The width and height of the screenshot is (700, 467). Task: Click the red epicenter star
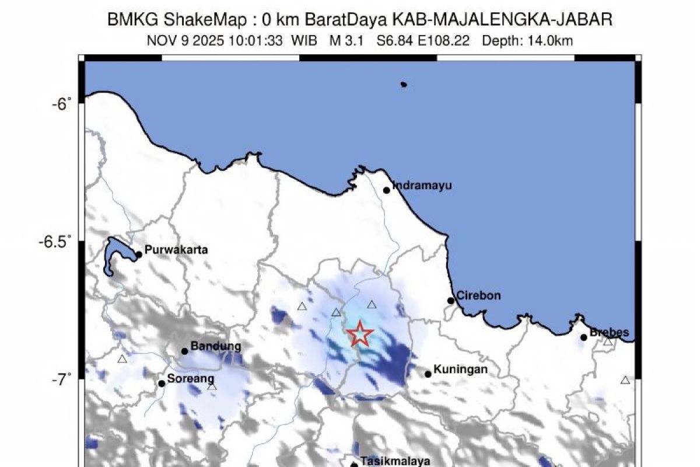tap(360, 334)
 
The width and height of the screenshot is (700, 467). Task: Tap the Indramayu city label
tap(422, 186)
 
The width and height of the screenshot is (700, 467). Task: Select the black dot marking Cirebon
tap(451, 301)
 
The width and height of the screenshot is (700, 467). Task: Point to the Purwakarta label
tap(176, 250)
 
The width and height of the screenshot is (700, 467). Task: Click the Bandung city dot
tap(185, 351)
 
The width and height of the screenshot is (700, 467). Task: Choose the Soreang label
tap(191, 379)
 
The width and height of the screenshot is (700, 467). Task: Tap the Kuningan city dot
tap(428, 374)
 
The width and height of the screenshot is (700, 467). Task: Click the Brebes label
tap(610, 333)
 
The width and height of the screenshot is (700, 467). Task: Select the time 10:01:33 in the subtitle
tap(257, 40)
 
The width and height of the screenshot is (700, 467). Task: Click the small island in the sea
tap(404, 84)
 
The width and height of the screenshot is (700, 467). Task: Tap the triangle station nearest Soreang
tap(212, 386)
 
